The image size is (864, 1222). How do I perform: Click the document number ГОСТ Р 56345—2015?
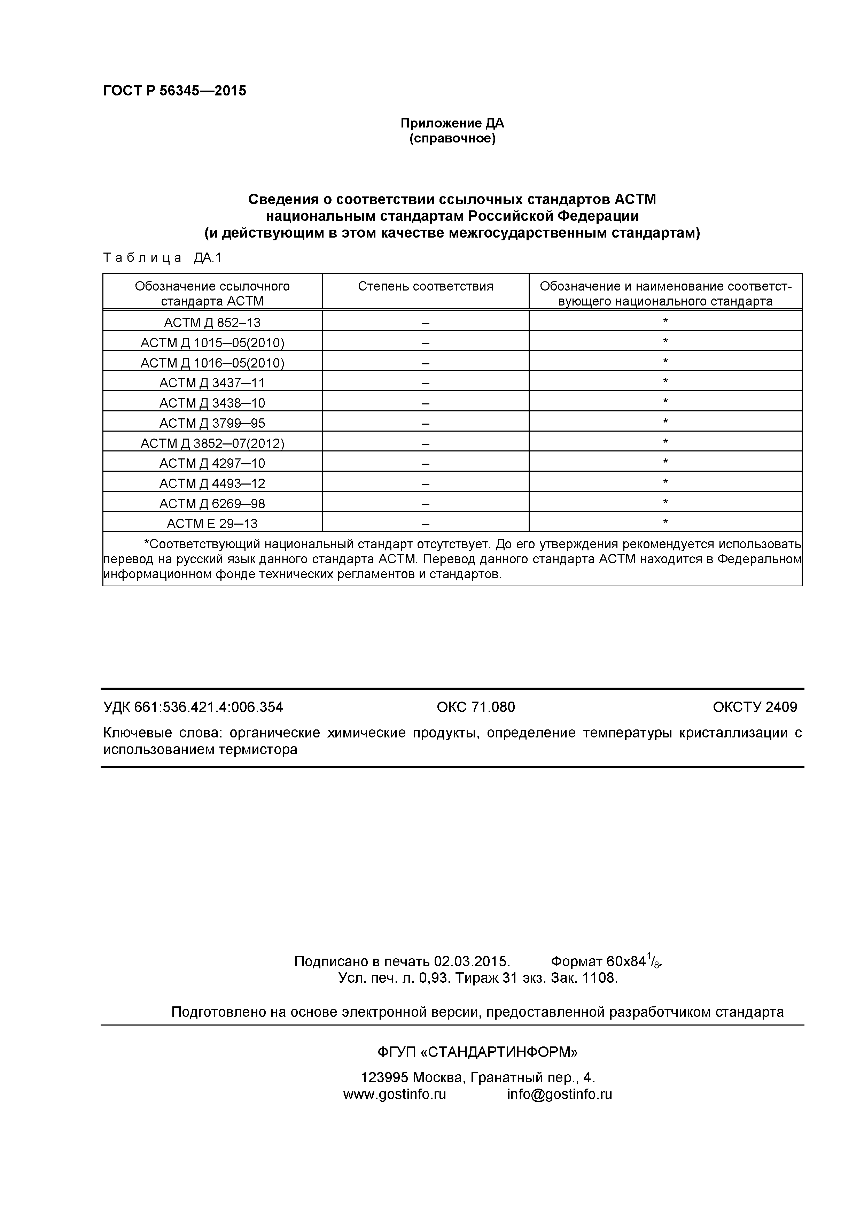tap(174, 91)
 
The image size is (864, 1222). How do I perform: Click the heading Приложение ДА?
tap(452, 123)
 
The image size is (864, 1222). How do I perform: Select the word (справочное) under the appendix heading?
tap(452, 139)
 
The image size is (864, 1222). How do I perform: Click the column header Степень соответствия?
tap(425, 286)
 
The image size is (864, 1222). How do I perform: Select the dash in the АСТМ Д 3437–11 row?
tap(425, 383)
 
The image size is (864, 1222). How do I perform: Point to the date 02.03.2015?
tap(472, 961)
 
